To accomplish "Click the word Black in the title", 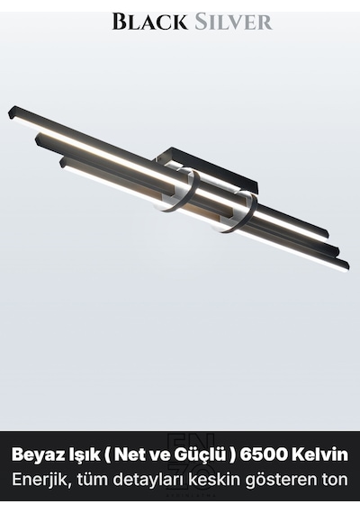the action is pyautogui.click(x=149, y=22).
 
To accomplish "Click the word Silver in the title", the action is pyautogui.click(x=233, y=22).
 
